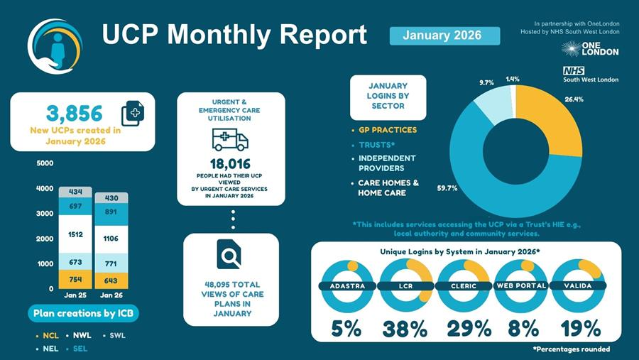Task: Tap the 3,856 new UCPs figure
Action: pos(74,113)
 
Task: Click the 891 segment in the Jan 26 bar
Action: pos(111,212)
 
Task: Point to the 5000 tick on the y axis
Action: pos(44,163)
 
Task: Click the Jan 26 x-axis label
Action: pos(111,294)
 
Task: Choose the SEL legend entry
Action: pos(80,349)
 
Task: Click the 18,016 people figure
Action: pos(230,164)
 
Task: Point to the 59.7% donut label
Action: pos(447,188)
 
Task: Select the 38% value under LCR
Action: pos(405,329)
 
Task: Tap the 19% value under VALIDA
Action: pos(580,329)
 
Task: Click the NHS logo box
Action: pos(574,70)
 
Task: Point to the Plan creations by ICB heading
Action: pos(84,313)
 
